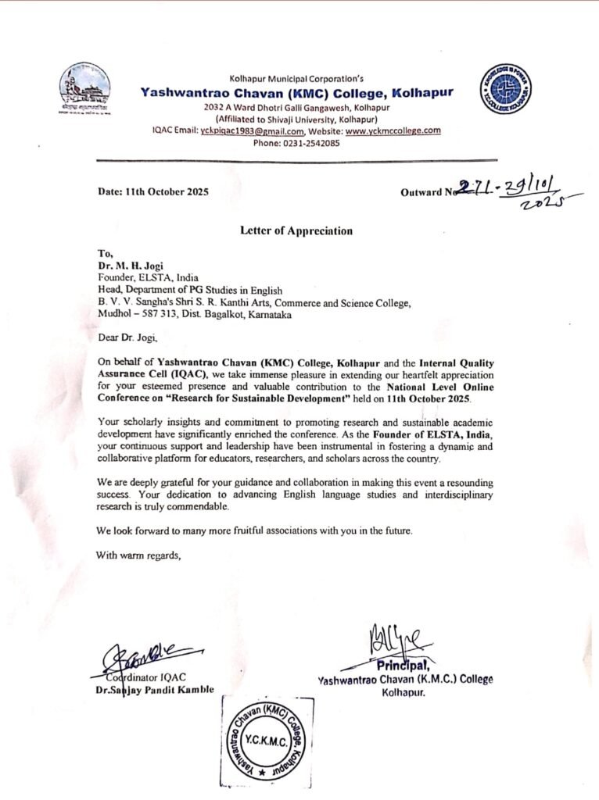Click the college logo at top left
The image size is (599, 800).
coord(84,88)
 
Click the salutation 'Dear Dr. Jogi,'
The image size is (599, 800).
coord(127,338)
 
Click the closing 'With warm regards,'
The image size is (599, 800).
coord(138,555)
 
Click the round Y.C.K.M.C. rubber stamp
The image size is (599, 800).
coord(267,741)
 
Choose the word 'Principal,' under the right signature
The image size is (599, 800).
coord(405,666)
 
